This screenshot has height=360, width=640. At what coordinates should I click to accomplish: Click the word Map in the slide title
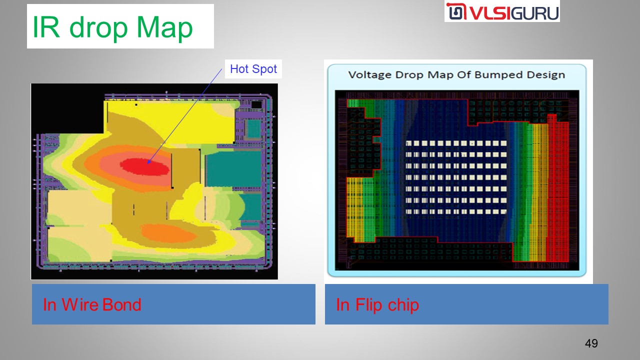pyautogui.click(x=164, y=27)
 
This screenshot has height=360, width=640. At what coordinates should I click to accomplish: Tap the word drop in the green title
pyautogui.click(x=98, y=27)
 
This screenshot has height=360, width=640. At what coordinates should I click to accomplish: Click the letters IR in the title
pyautogui.click(x=46, y=26)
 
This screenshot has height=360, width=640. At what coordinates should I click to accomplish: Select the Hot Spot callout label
pyautogui.click(x=253, y=69)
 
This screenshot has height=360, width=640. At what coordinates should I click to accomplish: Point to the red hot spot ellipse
pyautogui.click(x=144, y=166)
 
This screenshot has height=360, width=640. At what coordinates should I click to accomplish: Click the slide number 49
pyautogui.click(x=591, y=343)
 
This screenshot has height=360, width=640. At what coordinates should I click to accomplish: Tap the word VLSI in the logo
pyautogui.click(x=489, y=13)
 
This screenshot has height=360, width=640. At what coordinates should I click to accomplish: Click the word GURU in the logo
pyautogui.click(x=534, y=13)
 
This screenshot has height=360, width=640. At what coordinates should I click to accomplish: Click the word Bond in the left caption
pyautogui.click(x=121, y=304)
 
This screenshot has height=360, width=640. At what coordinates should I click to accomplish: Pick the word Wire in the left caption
pyautogui.click(x=80, y=304)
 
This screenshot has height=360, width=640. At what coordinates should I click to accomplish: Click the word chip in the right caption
pyautogui.click(x=403, y=305)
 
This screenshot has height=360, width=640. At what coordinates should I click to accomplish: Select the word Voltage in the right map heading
pyautogui.click(x=370, y=75)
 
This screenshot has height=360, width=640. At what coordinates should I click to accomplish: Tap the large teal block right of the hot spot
pyautogui.click(x=233, y=168)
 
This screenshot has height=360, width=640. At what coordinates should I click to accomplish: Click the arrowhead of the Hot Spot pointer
pyautogui.click(x=149, y=161)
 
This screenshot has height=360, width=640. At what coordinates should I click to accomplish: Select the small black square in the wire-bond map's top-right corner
pyautogui.click(x=256, y=104)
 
